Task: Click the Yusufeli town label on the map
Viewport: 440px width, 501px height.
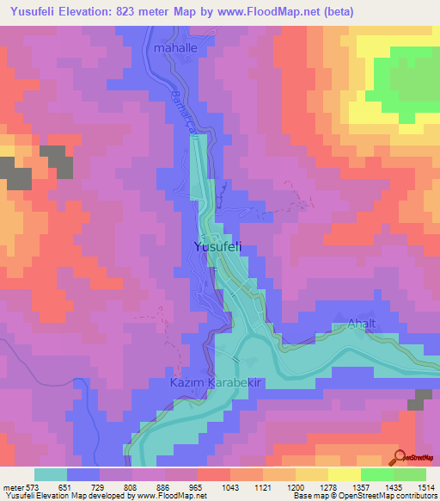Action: click(218, 247)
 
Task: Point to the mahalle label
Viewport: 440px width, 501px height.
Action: click(175, 49)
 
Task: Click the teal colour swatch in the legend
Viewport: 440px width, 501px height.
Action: click(51, 474)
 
